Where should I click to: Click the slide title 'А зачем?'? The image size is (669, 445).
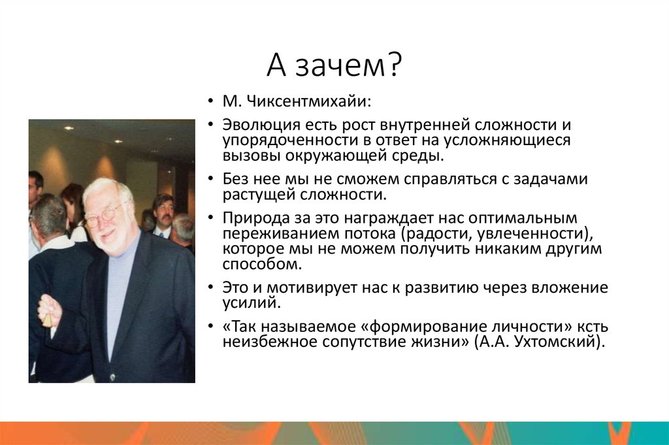(x=334, y=66)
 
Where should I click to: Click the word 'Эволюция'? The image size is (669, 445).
(x=253, y=124)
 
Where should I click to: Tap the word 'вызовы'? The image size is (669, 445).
(x=245, y=156)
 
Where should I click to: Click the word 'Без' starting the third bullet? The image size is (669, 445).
(x=236, y=179)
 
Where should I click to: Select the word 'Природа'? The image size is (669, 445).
(x=250, y=218)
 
